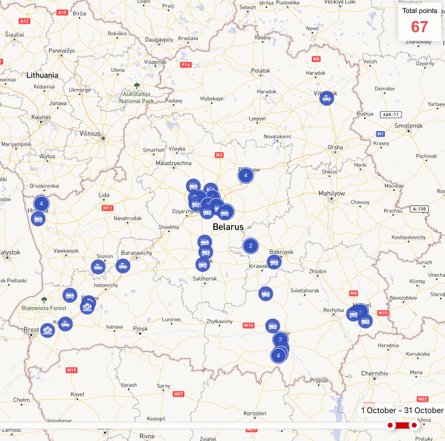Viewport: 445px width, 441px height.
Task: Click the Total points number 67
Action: [x=420, y=27]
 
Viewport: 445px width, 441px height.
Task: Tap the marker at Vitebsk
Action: [x=327, y=97]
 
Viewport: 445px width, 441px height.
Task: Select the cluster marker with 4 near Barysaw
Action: [x=245, y=176]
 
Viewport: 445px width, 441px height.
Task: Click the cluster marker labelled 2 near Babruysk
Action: [x=250, y=246]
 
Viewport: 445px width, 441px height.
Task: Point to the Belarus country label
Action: [x=228, y=227]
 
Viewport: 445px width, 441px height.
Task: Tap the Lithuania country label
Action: [x=42, y=75]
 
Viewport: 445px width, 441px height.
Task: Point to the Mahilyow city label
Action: [x=332, y=194]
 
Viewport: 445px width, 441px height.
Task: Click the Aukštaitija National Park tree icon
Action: [x=137, y=86]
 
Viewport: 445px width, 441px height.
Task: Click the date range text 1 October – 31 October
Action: [x=402, y=410]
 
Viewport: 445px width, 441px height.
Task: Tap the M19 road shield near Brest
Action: [x=71, y=370]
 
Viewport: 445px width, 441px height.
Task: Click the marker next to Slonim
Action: [x=98, y=267]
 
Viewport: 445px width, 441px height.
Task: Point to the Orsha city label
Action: [x=335, y=148]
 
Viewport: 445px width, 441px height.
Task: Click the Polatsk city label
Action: [x=261, y=71]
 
